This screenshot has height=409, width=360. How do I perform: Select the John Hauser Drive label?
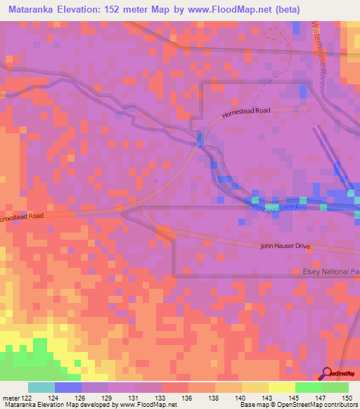coord(285,247)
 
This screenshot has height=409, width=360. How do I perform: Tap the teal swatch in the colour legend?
coord(41,388)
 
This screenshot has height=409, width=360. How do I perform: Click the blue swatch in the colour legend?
coord(68,388)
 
